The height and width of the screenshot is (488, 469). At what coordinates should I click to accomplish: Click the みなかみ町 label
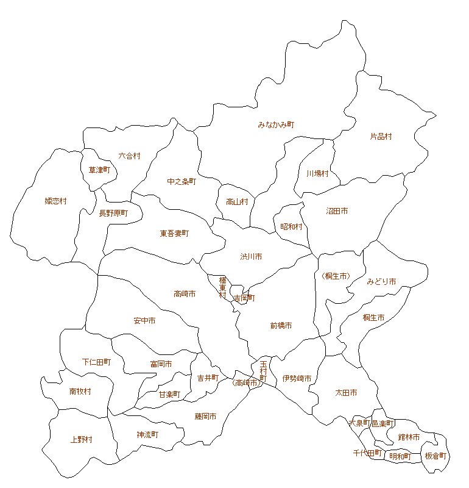276,124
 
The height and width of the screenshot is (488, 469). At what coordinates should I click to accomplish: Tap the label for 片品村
381,137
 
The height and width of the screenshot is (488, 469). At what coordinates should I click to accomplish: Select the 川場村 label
317,173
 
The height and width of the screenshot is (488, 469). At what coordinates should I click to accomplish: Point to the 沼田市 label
337,211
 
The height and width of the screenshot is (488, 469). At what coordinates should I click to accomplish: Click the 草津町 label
99,170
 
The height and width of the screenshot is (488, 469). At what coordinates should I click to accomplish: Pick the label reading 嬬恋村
55,201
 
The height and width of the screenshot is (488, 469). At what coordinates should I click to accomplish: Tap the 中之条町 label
182,181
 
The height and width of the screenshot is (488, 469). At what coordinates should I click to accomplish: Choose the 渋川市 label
251,257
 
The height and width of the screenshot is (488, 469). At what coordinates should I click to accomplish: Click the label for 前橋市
281,326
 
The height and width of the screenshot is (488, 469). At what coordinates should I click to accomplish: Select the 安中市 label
144,321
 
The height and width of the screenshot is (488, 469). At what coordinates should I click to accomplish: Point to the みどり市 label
381,281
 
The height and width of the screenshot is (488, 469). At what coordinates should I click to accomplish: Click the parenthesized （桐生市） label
336,276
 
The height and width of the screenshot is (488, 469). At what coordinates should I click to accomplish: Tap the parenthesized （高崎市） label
246,383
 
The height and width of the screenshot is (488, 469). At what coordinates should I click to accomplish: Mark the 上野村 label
81,440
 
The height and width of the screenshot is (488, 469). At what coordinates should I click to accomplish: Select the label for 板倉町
435,456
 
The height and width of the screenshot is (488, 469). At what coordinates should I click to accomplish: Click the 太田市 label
346,392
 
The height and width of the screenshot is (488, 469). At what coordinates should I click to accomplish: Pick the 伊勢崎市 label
297,379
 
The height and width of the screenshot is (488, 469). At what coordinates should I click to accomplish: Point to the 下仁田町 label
96,362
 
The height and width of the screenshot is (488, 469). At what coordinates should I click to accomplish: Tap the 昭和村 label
291,226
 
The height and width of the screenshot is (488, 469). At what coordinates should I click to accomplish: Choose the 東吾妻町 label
175,234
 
